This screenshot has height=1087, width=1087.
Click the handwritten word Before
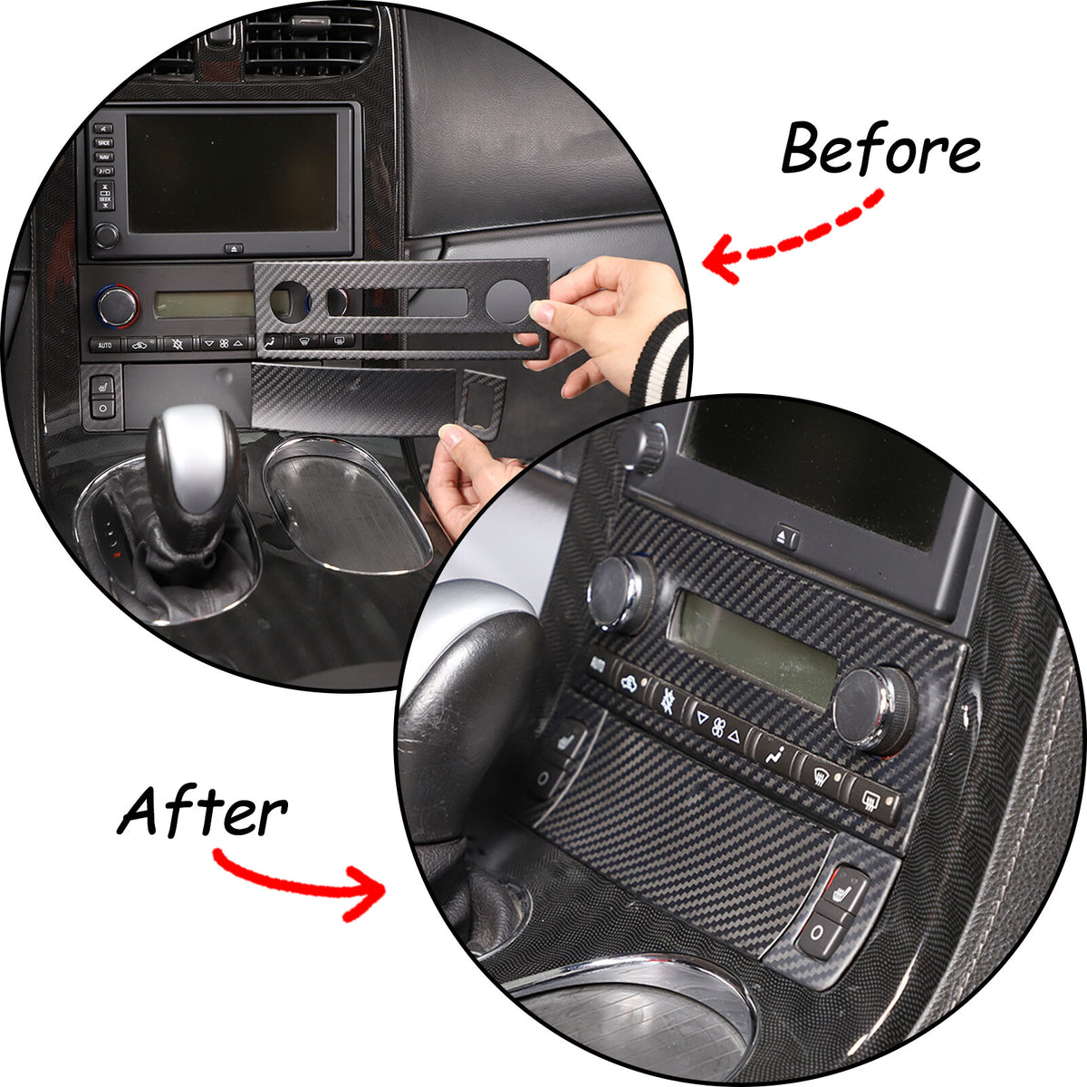880,149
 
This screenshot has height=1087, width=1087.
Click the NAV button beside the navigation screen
104,157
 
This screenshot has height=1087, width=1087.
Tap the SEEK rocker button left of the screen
105,196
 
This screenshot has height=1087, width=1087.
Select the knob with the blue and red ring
118,305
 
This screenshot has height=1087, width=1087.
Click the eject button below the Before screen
234,248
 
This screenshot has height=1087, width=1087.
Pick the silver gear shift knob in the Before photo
192,457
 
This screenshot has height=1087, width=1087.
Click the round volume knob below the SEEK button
105,235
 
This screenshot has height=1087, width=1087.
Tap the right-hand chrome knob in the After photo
873,710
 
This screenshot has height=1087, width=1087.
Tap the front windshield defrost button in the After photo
819,776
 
